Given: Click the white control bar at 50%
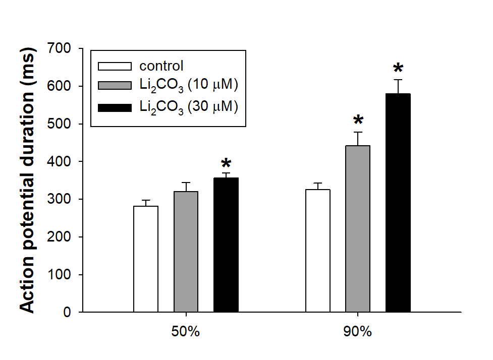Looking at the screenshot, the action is click(x=146, y=259).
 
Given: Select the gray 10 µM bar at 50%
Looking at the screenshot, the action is click(x=186, y=252).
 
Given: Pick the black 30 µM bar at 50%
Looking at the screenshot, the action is click(x=226, y=245).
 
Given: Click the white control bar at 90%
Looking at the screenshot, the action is click(x=318, y=251).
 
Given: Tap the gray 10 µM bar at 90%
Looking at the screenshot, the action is click(x=358, y=229).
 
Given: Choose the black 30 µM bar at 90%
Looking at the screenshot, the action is click(x=398, y=203).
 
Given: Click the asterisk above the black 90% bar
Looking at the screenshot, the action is click(x=398, y=68).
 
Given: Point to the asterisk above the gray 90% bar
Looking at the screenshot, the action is click(x=358, y=119).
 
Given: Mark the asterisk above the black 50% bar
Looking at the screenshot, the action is click(x=226, y=163).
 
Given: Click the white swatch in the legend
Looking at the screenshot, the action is click(x=115, y=66).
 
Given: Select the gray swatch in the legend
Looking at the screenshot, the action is click(x=115, y=85).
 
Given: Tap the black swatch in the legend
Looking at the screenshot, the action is click(x=115, y=108).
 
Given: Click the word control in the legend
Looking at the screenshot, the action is click(x=161, y=66).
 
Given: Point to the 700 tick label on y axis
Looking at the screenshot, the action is click(x=59, y=48).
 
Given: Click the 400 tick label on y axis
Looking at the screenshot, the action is click(x=59, y=161).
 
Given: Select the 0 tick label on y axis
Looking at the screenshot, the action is click(x=67, y=312).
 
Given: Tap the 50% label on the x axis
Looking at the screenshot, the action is click(x=186, y=332).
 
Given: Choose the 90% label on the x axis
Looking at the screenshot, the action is click(x=357, y=332).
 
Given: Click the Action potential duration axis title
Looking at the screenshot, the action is click(x=27, y=180).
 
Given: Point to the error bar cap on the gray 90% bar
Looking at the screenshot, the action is click(x=358, y=132).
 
